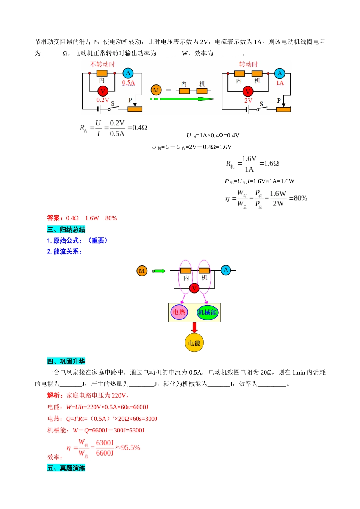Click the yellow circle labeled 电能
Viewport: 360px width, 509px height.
194,343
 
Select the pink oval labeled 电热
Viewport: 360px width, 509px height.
179,312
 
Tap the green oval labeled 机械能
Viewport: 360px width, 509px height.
207,312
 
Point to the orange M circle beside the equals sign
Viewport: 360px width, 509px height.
156,90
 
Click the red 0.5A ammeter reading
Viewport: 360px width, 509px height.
128,83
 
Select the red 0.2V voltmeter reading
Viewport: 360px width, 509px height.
103,100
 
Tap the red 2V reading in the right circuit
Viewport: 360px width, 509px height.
248,100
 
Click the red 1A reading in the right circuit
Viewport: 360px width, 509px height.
280,83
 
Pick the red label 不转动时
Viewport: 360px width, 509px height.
102,64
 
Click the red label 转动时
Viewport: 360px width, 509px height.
248,64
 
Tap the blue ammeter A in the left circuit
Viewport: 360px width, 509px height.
128,73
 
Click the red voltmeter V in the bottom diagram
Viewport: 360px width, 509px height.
194,288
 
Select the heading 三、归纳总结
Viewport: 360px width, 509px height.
66,230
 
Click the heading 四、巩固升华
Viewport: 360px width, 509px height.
66,361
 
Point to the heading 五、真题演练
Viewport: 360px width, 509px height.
66,468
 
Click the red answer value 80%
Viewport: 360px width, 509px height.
111,218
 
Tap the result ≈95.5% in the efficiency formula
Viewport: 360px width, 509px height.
128,448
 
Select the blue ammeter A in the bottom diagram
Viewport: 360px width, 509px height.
226,270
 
